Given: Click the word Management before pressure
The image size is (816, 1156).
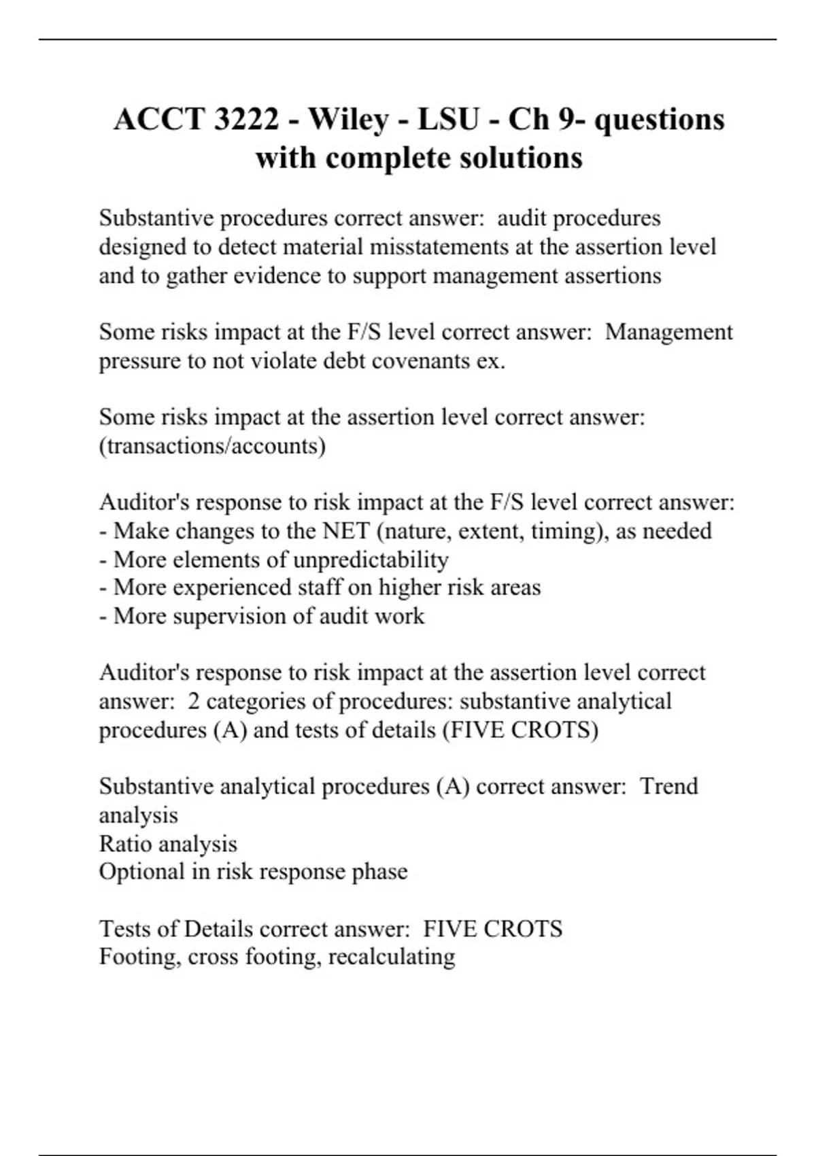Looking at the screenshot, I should (669, 332).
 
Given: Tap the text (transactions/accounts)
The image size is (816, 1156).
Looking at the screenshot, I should (212, 446).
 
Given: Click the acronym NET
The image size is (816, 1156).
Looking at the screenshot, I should (346, 530).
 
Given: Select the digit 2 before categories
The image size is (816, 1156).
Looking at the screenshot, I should (194, 701).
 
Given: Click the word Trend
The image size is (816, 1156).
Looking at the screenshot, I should (669, 786).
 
